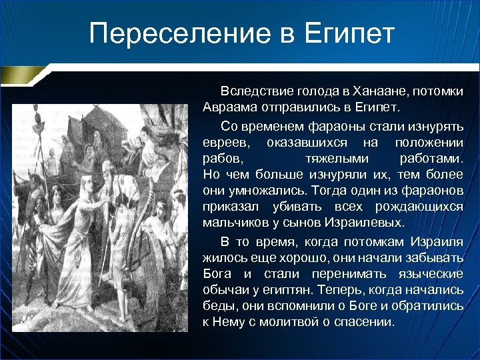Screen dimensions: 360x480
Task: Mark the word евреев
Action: (x=228, y=143)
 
